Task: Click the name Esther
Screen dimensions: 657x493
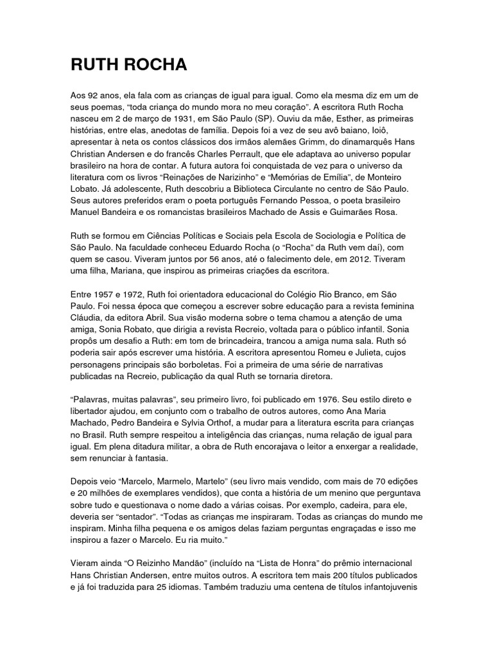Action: (x=328, y=119)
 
